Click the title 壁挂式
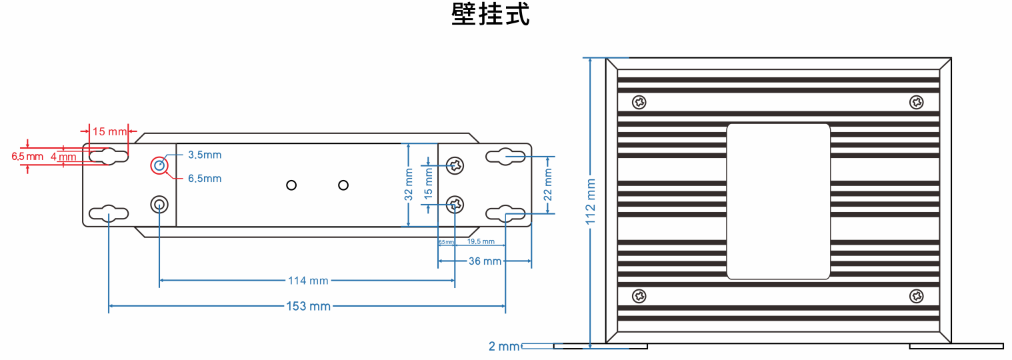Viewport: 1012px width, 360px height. click(491, 15)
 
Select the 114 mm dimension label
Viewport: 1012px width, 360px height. click(308, 281)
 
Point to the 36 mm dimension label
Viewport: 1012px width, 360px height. click(485, 261)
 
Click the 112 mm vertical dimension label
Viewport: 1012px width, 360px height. click(591, 202)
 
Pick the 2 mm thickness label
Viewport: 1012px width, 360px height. click(503, 346)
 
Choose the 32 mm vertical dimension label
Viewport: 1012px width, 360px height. click(409, 186)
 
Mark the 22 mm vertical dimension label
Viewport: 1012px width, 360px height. click(548, 185)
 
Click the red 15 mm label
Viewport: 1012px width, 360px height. click(109, 131)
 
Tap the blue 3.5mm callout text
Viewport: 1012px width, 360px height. click(204, 155)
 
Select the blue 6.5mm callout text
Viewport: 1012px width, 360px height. click(204, 179)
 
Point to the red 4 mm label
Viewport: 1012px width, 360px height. click(63, 157)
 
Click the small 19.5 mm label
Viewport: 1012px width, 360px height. click(481, 241)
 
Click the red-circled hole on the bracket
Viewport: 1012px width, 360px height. click(159, 165)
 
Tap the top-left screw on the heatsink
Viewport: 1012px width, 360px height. click(639, 102)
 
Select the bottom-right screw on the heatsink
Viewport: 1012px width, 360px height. click(917, 296)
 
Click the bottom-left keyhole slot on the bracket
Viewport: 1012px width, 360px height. click(108, 213)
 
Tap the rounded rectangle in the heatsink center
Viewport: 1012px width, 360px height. click(778, 201)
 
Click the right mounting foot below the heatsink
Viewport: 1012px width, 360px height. click(956, 346)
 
